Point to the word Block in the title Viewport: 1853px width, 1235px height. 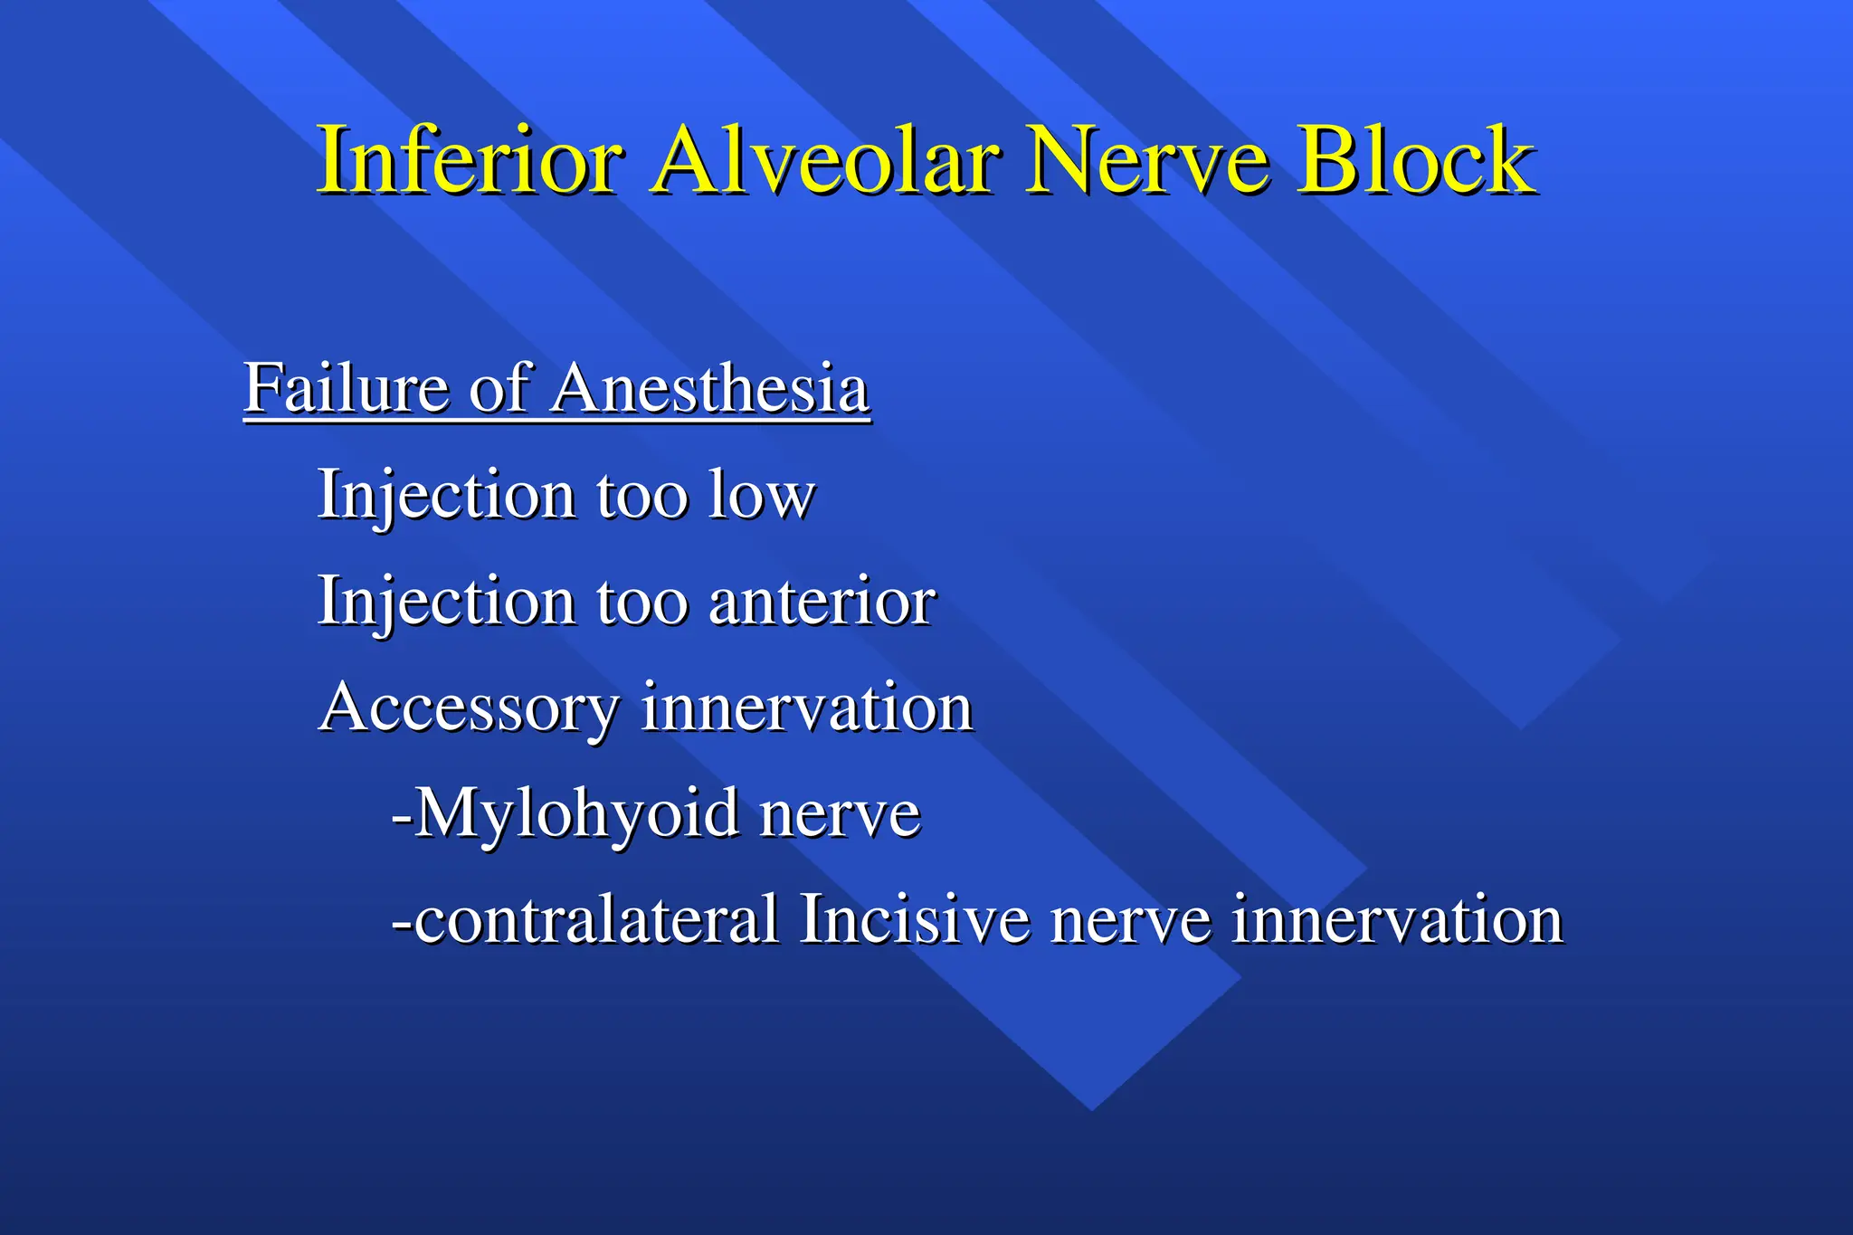(1416, 160)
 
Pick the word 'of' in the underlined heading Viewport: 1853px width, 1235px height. (499, 388)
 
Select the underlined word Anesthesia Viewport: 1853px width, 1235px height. (710, 388)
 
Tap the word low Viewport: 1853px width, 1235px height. (761, 496)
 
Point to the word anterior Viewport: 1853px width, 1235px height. (822, 602)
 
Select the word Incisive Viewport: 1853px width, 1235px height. (914, 920)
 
